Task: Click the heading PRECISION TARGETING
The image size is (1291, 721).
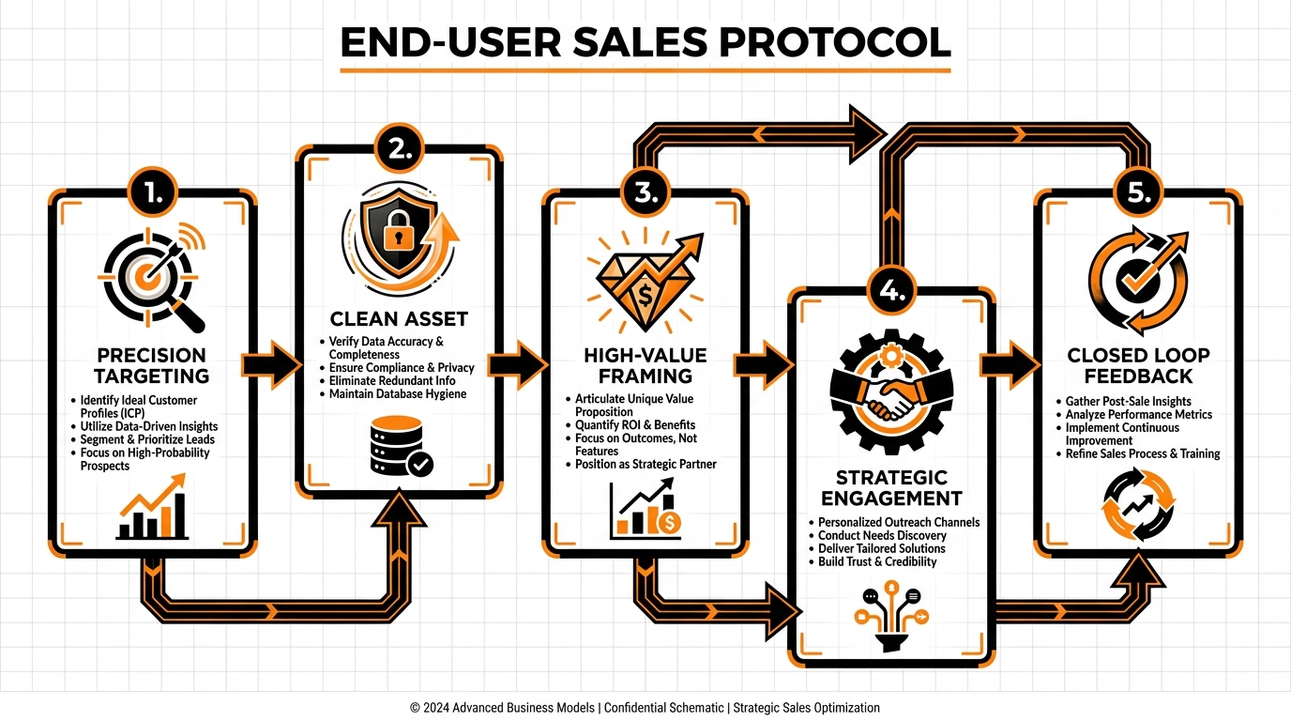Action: (x=151, y=366)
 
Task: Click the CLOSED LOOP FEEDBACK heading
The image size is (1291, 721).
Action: (x=1137, y=366)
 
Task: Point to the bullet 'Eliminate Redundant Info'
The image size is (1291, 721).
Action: (x=392, y=381)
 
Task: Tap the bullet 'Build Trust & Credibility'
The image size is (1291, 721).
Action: (x=877, y=561)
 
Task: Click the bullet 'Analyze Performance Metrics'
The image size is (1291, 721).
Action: (x=1139, y=414)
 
